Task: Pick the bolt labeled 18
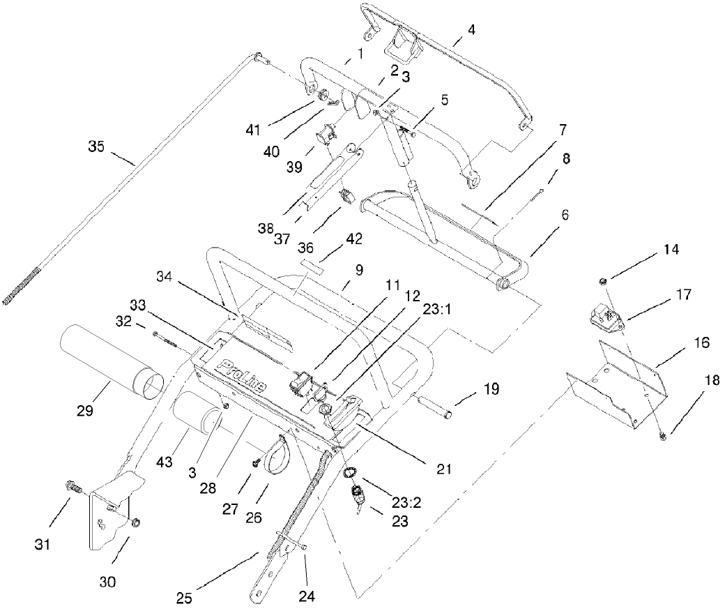pos(663,435)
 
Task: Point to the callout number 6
pos(560,216)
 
